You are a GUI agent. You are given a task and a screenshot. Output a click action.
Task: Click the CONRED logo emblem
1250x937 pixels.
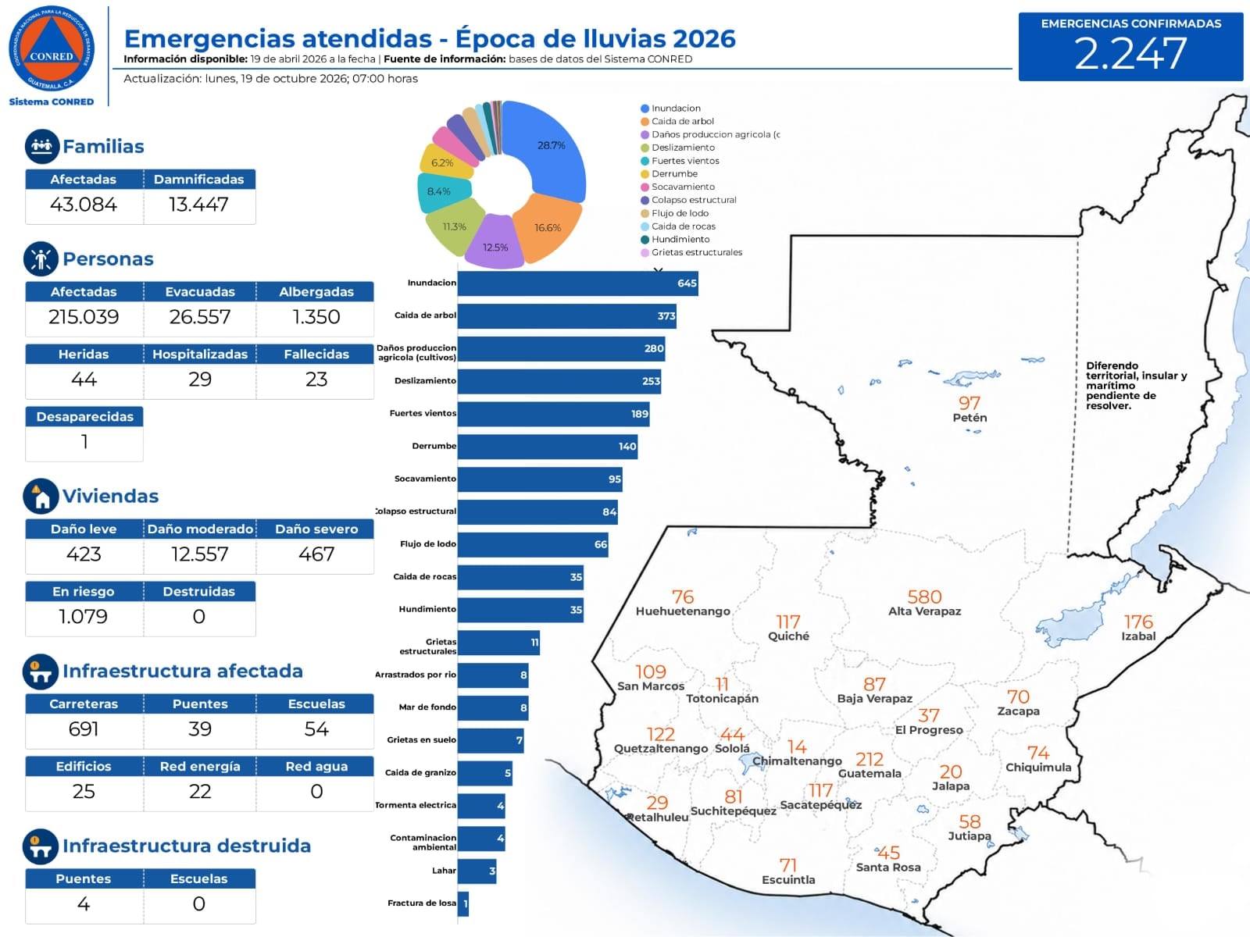pos(52,48)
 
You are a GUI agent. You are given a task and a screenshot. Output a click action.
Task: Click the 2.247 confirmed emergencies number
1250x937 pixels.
pos(1130,53)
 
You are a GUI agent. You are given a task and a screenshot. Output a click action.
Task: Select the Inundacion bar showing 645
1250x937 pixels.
pos(577,283)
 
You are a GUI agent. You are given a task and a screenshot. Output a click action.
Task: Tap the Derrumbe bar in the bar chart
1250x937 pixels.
pos(548,447)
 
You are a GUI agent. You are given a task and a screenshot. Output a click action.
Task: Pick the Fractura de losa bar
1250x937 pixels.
pos(463,903)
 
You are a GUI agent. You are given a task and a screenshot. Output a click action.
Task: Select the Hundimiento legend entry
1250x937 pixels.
pos(675,240)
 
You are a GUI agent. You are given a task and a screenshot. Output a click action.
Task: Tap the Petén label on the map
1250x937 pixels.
pos(970,418)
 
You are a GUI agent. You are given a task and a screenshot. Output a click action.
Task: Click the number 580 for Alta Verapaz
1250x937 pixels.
pos(924,597)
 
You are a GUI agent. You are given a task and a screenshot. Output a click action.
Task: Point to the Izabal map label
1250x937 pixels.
pos(1138,636)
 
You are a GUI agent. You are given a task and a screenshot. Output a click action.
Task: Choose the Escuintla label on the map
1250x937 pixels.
pos(788,879)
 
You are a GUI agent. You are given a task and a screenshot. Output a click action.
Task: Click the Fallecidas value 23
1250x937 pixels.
pos(316,379)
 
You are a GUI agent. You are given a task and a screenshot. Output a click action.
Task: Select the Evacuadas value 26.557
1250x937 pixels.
pos(200,317)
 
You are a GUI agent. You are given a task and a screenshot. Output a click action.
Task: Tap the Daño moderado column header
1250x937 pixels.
pos(200,529)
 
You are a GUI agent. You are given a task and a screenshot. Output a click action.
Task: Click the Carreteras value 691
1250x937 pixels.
pos(84,729)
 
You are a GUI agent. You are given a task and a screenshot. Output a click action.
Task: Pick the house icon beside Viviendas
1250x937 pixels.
pos(41,496)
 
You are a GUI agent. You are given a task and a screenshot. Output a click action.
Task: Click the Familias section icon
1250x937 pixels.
pos(42,146)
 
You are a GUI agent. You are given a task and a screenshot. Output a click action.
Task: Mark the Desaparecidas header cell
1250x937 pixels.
pos(84,416)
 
